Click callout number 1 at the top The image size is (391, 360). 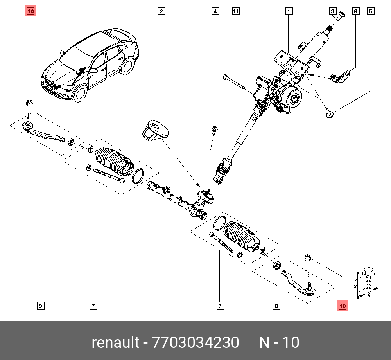pyautogui.click(x=289, y=11)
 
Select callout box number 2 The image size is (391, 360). pyautogui.click(x=161, y=11)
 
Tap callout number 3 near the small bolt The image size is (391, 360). pyautogui.click(x=333, y=11)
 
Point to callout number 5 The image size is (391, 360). pyautogui.click(x=370, y=11)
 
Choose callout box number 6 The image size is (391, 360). pyautogui.click(x=356, y=11)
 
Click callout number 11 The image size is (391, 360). pyautogui.click(x=235, y=11)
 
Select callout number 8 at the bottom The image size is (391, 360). pyautogui.click(x=276, y=306)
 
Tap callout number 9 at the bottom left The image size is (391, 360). pyautogui.click(x=40, y=306)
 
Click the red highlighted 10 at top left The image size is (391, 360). pyautogui.click(x=30, y=11)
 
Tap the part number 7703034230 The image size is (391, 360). pyautogui.click(x=196, y=343)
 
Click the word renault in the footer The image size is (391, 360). pyautogui.click(x=115, y=343)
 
